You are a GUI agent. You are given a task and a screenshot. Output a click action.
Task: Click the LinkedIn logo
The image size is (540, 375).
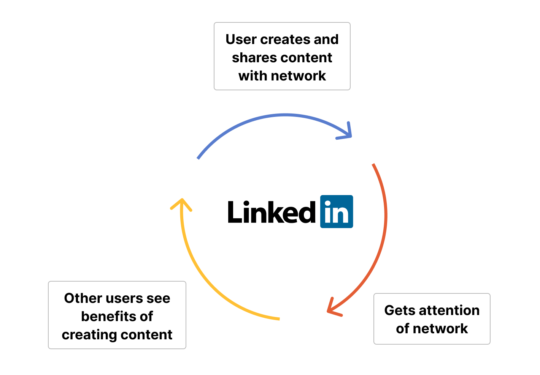pyautogui.click(x=337, y=211)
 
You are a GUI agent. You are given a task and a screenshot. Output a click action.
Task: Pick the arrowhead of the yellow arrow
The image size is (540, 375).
pyautogui.click(x=182, y=203)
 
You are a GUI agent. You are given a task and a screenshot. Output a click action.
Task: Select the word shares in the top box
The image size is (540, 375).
pyautogui.click(x=249, y=58)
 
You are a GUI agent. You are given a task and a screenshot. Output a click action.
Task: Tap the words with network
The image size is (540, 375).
pyautogui.click(x=282, y=76)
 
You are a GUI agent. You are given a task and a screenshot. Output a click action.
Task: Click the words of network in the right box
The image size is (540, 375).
pyautogui.click(x=432, y=329)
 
